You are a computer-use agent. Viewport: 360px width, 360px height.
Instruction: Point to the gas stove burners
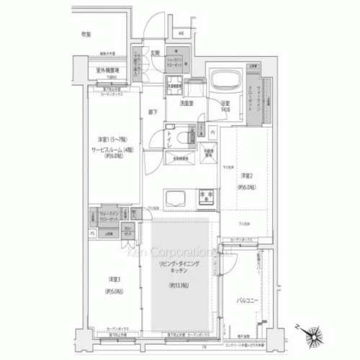pyautogui.click(x=206, y=195)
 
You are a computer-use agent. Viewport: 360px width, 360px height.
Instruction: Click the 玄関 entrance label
pyautogui.click(x=155, y=53)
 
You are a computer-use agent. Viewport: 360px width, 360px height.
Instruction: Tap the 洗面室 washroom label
pyautogui.click(x=187, y=103)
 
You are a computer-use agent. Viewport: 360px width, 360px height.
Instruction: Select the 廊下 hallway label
pyautogui.click(x=153, y=112)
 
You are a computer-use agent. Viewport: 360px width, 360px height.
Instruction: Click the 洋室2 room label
pyautogui.click(x=246, y=175)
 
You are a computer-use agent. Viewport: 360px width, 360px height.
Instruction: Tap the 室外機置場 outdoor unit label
pyautogui.click(x=108, y=70)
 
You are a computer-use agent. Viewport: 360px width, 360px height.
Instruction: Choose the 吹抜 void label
pyautogui.click(x=86, y=34)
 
